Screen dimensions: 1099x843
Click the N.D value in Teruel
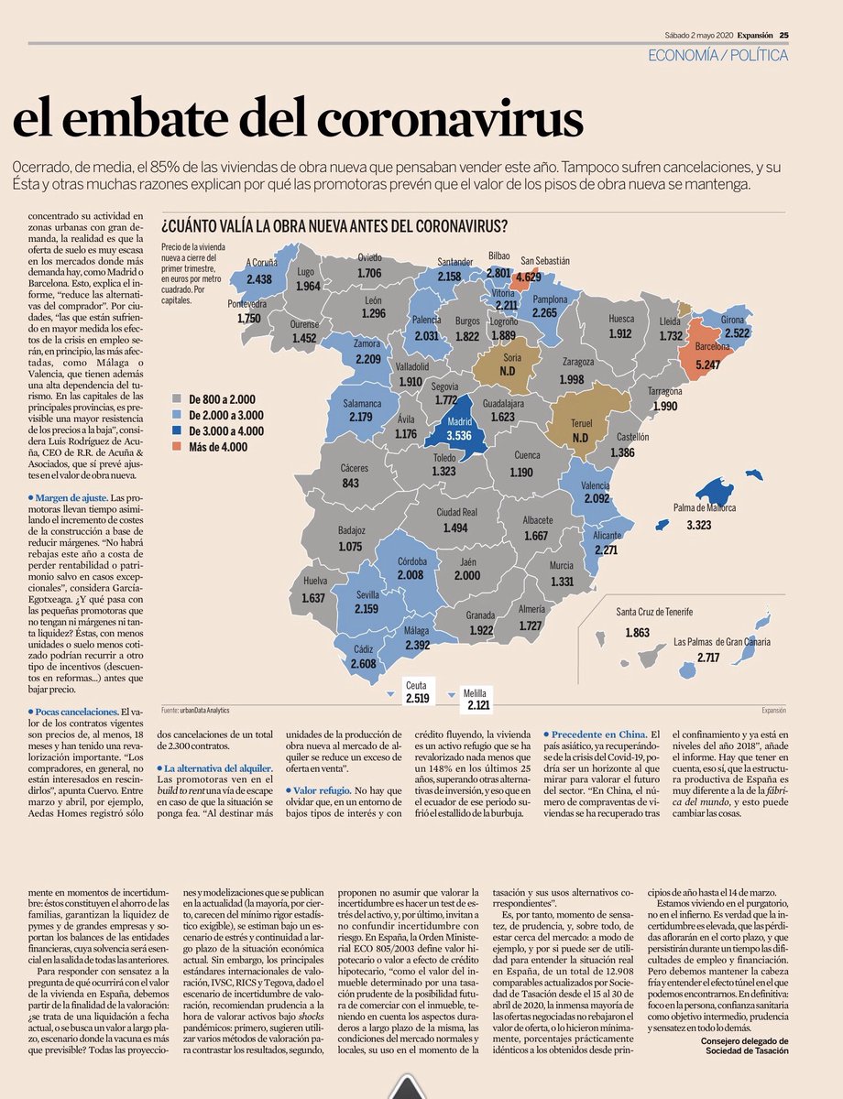pos(580,438)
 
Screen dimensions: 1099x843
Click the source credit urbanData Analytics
pos(203,710)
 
